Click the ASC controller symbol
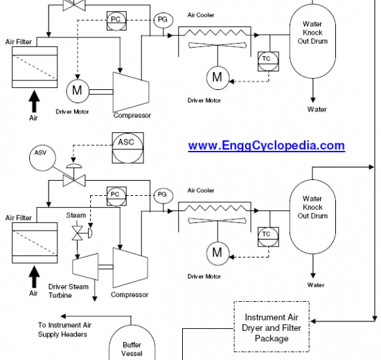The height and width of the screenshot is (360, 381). point(128,147)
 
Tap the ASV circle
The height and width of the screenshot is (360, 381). point(42,158)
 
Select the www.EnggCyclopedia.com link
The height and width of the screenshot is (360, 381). point(266,146)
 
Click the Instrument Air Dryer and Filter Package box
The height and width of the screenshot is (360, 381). point(272,327)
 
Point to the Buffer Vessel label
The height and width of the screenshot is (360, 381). point(132,349)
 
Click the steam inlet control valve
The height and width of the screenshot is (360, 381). point(78,233)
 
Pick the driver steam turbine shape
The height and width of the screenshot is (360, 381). point(85,267)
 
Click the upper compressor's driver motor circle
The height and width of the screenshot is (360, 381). point(78,91)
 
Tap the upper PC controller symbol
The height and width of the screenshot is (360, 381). point(116,21)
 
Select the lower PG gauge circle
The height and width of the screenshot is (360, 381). point(163,195)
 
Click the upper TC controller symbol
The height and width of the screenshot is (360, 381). point(268,61)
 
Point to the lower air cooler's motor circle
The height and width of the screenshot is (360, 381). point(218,253)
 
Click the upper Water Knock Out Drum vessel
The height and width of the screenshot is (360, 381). point(312,42)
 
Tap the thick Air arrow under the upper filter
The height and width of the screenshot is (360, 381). point(34,101)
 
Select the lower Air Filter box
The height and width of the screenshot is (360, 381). point(35,243)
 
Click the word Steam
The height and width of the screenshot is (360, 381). point(76,215)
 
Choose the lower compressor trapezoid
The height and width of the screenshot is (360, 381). point(130,268)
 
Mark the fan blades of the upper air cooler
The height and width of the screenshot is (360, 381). point(218,45)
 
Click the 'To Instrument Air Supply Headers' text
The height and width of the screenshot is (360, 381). point(64,330)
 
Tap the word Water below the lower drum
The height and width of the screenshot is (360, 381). point(316,285)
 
